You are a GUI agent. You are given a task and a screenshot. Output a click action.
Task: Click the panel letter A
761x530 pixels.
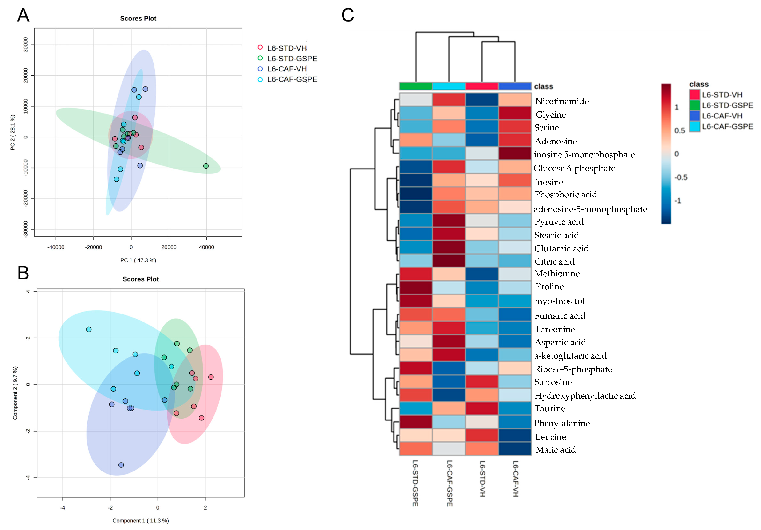coord(23,15)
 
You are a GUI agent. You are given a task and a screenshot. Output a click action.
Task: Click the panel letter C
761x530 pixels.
coord(348,15)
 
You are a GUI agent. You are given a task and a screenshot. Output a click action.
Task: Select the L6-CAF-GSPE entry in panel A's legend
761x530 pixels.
coord(292,79)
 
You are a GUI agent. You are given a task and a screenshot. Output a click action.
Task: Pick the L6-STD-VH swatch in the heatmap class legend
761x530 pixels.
coord(694,95)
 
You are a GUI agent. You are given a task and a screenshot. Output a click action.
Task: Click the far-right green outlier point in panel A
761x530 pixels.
coord(206,166)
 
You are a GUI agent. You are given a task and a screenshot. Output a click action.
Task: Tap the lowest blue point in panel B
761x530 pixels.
coord(121,465)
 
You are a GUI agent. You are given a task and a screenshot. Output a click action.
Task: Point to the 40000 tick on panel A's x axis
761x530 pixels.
coord(206,247)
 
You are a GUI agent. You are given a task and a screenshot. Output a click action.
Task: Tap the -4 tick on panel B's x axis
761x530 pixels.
coord(63,507)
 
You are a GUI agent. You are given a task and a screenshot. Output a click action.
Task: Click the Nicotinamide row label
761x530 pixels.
coord(562,101)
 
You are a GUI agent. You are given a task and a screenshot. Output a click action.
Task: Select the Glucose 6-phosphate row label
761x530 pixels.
coord(574,168)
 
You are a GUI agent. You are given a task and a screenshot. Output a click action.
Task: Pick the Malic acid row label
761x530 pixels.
coord(556,450)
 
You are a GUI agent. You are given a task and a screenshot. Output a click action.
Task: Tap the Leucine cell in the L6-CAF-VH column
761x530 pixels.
coord(515,435)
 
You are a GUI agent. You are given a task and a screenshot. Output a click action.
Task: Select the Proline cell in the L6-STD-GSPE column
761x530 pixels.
coord(416,287)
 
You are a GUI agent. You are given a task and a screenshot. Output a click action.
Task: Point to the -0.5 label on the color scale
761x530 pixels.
coord(681,177)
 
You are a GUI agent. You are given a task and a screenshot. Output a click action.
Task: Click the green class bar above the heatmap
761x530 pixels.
coord(416,86)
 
